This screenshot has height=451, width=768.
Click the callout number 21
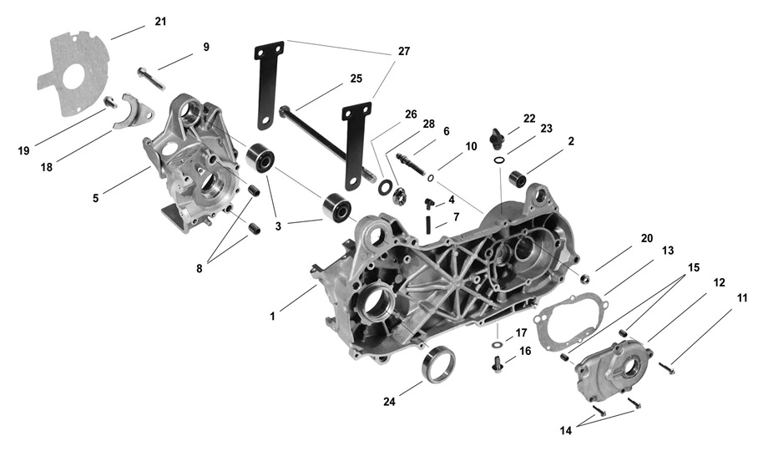tap(161, 21)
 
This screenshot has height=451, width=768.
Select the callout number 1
tap(272, 317)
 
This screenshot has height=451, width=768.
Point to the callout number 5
tap(97, 198)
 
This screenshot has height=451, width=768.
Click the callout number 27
tap(404, 51)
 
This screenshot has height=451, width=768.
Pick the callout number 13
tap(668, 250)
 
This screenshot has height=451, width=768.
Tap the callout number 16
tap(525, 352)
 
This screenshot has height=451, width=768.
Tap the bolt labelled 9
tap(151, 78)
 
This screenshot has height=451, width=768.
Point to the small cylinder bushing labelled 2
tap(516, 179)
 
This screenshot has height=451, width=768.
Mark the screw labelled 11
tap(667, 365)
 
